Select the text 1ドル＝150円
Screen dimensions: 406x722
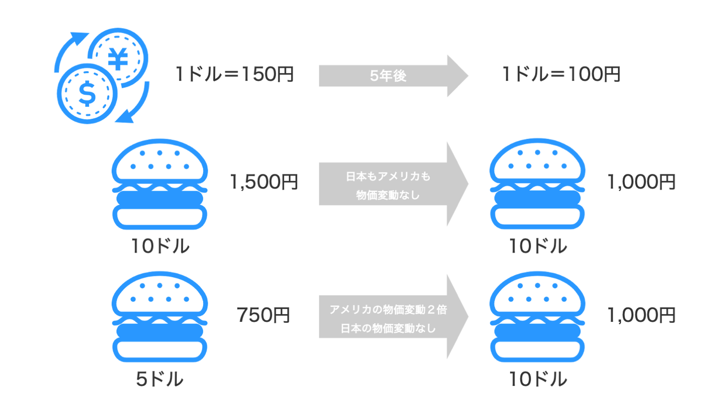(x=234, y=75)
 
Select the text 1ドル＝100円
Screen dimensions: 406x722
(x=561, y=75)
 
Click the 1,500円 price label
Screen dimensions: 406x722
(x=264, y=182)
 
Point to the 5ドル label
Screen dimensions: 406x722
(x=159, y=379)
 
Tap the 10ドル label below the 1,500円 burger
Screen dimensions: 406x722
(x=160, y=246)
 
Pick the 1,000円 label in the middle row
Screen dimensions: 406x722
(x=641, y=182)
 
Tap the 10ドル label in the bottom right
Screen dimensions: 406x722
(x=538, y=379)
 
